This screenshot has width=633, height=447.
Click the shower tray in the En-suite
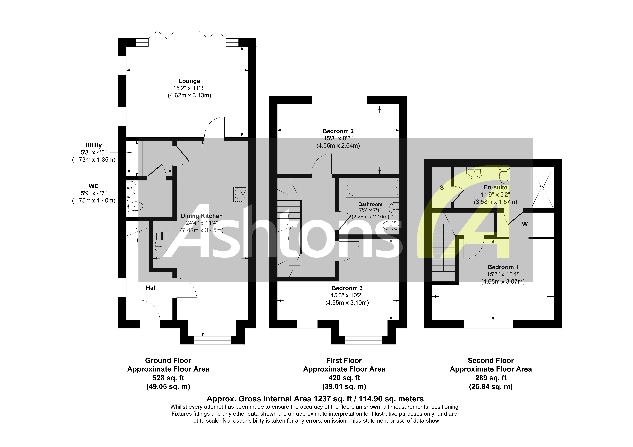tap(542, 188)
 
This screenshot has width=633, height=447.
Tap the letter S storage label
tap(442, 188)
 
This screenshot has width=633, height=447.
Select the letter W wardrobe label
tap(525, 224)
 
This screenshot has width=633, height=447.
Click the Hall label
tap(151, 288)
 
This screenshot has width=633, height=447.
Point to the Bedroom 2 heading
tap(338, 131)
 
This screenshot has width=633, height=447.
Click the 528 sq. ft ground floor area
tap(168, 378)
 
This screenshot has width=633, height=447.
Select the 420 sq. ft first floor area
tap(344, 378)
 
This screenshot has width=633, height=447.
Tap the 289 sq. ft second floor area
tap(491, 378)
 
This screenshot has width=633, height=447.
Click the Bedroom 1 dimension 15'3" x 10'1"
tap(503, 274)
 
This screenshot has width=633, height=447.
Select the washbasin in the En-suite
tap(474, 173)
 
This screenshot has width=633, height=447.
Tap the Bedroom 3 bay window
tap(363, 340)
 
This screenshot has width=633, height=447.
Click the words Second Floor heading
tap(491, 360)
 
